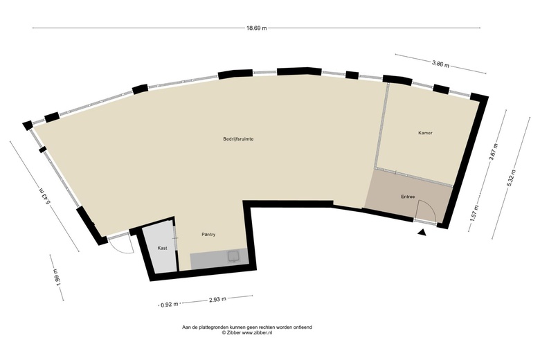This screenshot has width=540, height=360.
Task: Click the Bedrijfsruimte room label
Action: (239, 139)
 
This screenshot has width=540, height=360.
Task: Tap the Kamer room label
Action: (425, 133)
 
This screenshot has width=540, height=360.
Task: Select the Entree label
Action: (408, 197)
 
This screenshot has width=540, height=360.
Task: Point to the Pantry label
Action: (208, 235)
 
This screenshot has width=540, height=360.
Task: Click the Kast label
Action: (162, 248)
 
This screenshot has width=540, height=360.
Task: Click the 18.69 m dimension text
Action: (256, 28)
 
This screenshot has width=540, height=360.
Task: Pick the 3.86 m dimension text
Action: (440, 64)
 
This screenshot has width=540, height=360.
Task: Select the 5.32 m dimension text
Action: (512, 179)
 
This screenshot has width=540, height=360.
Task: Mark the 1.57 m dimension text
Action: (475, 214)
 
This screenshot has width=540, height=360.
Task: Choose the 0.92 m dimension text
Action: (170, 304)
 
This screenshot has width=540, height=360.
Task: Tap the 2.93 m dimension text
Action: (217, 299)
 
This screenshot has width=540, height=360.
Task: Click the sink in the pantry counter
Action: (234, 256)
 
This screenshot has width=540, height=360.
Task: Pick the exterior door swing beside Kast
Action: (121, 249)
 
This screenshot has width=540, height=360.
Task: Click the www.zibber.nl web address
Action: (257, 333)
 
